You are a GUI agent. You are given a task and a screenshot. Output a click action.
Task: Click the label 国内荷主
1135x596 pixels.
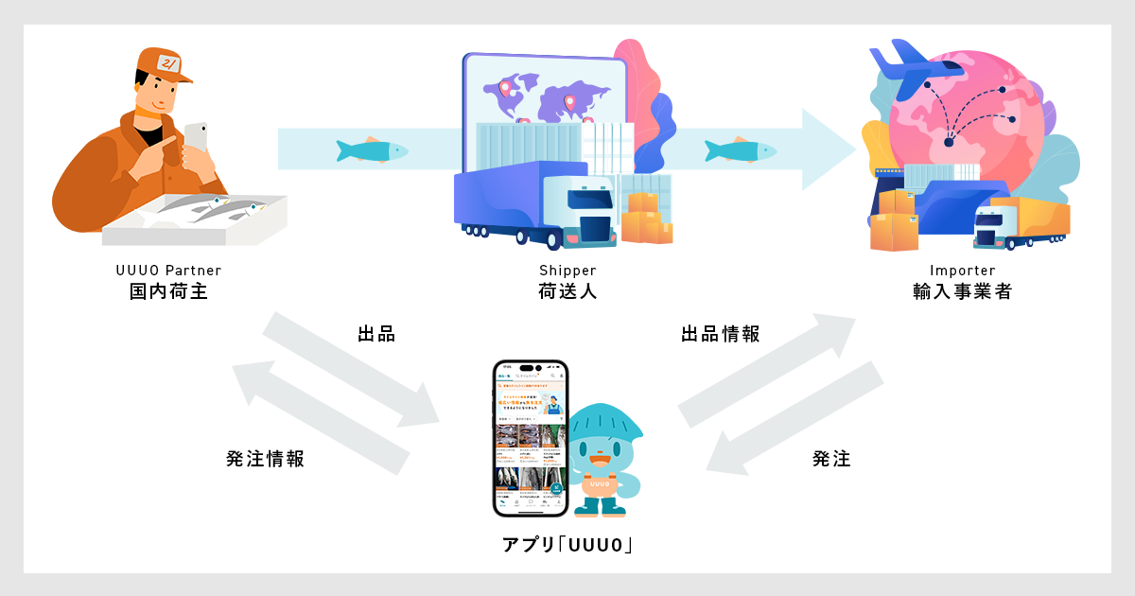167,291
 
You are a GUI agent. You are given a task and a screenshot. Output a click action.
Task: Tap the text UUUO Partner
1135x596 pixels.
167,271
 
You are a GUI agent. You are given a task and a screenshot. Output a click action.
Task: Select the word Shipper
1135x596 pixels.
567,271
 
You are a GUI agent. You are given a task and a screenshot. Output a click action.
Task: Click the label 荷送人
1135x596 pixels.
567,291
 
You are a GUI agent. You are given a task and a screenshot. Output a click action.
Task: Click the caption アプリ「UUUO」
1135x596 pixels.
567,546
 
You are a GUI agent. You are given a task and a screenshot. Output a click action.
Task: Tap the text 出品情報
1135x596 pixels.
720,334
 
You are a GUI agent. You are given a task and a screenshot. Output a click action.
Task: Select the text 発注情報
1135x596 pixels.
265,459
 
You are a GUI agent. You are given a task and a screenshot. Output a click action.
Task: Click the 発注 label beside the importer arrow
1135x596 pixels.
831,459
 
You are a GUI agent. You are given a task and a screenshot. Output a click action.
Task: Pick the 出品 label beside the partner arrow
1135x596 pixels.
375,334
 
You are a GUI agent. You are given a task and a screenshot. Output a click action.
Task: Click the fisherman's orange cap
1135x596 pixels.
161,66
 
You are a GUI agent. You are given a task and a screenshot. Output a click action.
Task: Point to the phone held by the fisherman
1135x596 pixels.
196,137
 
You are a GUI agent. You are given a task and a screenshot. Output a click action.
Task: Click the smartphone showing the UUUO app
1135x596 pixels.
530,438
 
